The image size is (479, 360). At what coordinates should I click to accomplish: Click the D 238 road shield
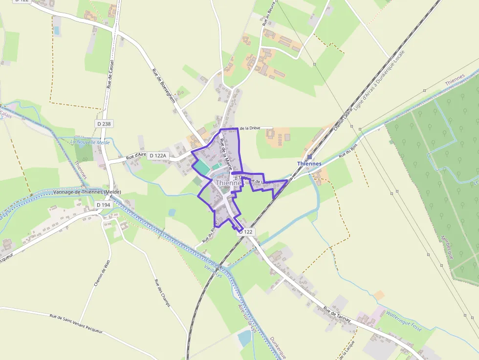point(104,124)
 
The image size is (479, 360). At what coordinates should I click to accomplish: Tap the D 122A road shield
point(158,155)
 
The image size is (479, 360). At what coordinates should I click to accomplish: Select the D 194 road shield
point(104,205)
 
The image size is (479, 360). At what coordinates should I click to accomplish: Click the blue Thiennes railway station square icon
point(309,157)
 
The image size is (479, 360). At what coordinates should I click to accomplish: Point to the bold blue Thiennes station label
point(309,164)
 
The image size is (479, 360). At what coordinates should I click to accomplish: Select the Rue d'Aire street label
point(136,156)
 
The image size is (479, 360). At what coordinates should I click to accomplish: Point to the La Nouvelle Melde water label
point(90,142)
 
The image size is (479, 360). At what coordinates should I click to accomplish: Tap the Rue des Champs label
point(162,293)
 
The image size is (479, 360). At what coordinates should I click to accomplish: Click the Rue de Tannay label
point(337,313)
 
